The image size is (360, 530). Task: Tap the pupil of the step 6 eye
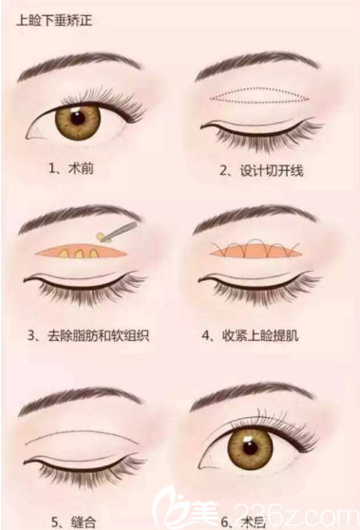pyautogui.click(x=251, y=446)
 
